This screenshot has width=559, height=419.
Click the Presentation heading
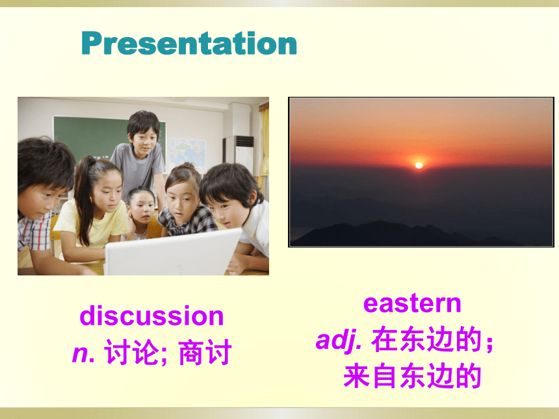pos(189,43)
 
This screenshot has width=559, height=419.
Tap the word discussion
pos(151,316)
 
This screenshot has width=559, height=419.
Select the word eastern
pos(412,303)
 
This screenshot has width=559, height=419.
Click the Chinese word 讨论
pos(131,352)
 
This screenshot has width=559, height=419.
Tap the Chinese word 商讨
pos(205,352)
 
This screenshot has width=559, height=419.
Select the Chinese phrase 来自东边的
pos(412,375)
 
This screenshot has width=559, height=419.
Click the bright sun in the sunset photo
pos(419,165)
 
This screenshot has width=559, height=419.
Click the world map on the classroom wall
pos(187,153)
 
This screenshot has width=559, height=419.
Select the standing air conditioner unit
pos(239,154)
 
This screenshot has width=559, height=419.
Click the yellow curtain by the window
pos(265,149)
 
